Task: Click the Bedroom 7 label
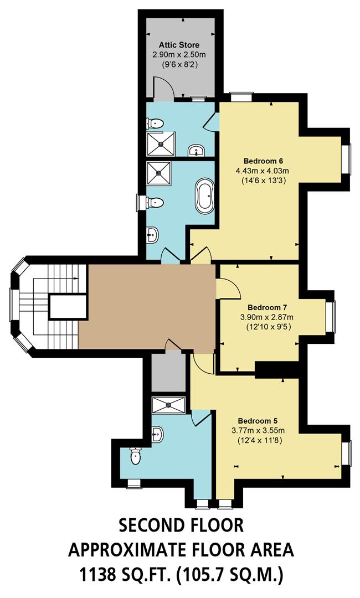[266, 307]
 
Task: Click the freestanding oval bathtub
[203, 195]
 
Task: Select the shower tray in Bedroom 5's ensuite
[169, 405]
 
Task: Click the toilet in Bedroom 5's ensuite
[135, 456]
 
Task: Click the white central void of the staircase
[67, 306]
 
